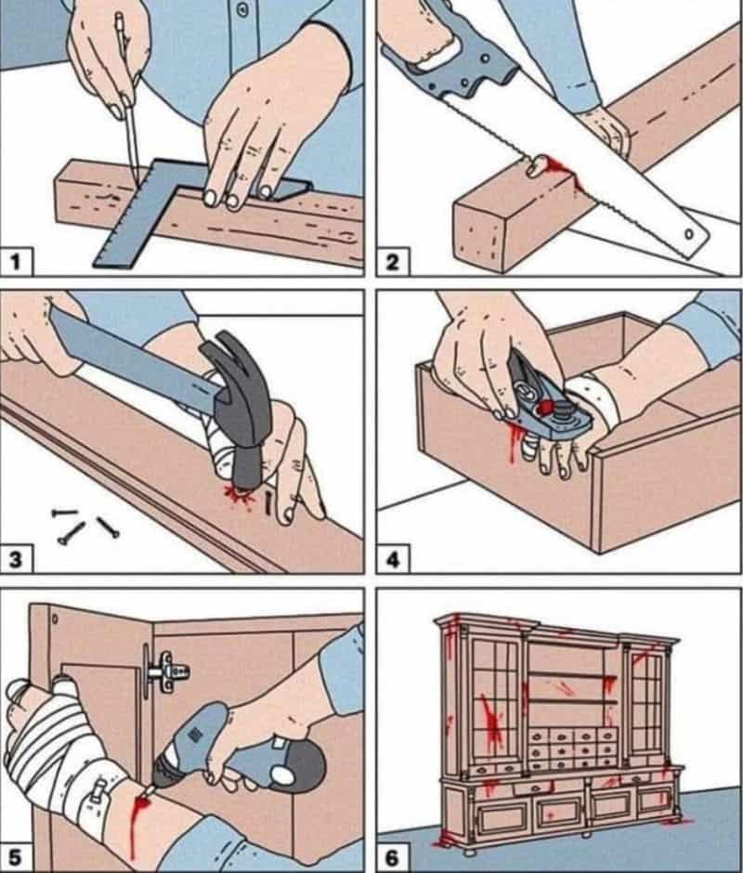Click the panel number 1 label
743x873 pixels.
click(x=16, y=262)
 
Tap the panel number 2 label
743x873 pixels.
click(x=393, y=262)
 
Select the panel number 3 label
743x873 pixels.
click(x=16, y=559)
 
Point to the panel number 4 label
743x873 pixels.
click(x=393, y=559)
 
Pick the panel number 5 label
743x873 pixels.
click(x=15, y=857)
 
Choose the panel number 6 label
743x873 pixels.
click(x=393, y=857)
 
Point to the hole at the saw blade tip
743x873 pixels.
click(x=689, y=234)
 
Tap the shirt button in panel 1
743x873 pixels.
click(x=241, y=9)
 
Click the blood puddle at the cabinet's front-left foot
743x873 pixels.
click(x=448, y=838)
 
